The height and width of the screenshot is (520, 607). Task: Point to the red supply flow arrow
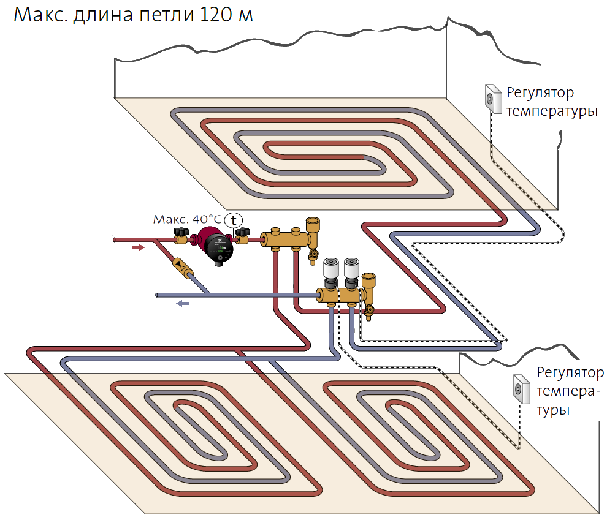pyautogui.click(x=138, y=248)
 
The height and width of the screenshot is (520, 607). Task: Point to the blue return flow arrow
pyautogui.click(x=183, y=303)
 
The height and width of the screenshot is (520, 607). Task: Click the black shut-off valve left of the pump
pyautogui.click(x=181, y=233)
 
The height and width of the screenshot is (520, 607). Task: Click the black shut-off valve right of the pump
pyautogui.click(x=245, y=233)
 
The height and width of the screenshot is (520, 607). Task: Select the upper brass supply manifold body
pyautogui.click(x=285, y=239)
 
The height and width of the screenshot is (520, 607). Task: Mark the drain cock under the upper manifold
pyautogui.click(x=314, y=252)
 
